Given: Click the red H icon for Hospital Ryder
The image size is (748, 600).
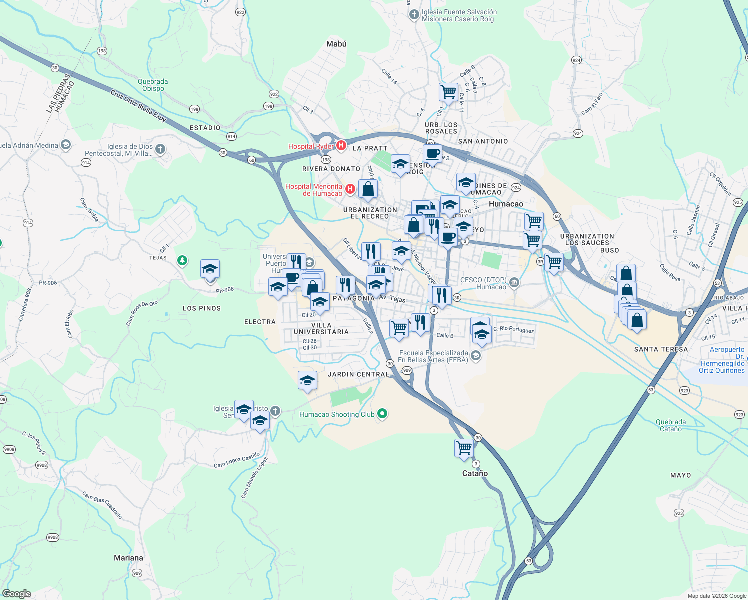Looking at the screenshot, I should (x=341, y=146).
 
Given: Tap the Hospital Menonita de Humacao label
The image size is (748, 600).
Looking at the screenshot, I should (x=314, y=190).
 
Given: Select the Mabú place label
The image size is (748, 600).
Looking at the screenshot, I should (x=336, y=44).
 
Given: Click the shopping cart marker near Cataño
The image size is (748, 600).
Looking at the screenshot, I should (x=464, y=448).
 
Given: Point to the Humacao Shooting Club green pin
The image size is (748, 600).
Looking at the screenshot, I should (x=382, y=414).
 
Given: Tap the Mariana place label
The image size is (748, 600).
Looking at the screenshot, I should (x=128, y=558).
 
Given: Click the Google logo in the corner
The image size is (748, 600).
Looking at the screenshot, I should (x=16, y=594).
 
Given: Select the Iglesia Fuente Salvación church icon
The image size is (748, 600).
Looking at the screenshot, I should (x=414, y=15).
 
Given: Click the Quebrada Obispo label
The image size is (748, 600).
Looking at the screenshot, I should (x=153, y=85).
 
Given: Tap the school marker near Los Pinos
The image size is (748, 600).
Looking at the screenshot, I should (x=210, y=270).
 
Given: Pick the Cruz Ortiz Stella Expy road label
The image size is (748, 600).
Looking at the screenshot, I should (x=138, y=106).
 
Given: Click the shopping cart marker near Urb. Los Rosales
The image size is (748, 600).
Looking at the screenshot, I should (x=448, y=92).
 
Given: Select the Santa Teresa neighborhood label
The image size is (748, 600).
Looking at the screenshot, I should (x=661, y=349).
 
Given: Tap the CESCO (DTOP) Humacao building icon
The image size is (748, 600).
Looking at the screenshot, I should (x=514, y=284).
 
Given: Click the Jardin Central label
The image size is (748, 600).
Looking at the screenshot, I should (x=358, y=374).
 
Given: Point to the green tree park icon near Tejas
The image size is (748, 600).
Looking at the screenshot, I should (x=182, y=260).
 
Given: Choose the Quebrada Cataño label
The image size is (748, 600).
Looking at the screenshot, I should (x=671, y=425).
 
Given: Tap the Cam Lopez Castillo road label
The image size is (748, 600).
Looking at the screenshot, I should (x=237, y=460).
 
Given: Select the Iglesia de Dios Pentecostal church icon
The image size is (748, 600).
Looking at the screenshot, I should (x=160, y=149).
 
